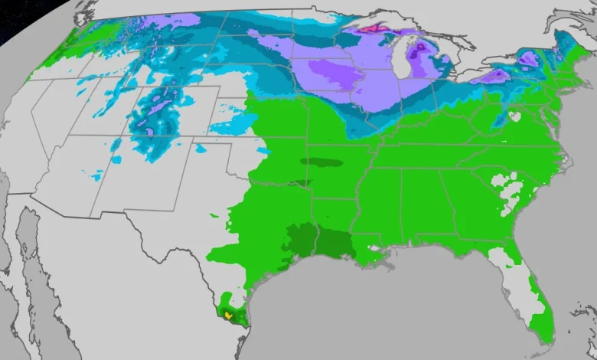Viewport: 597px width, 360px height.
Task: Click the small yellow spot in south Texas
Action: tap(228, 315)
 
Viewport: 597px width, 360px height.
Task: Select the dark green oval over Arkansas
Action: tap(321, 162)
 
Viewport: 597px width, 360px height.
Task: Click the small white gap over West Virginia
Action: tap(514, 117)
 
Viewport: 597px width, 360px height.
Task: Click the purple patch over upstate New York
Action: tap(528, 57)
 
